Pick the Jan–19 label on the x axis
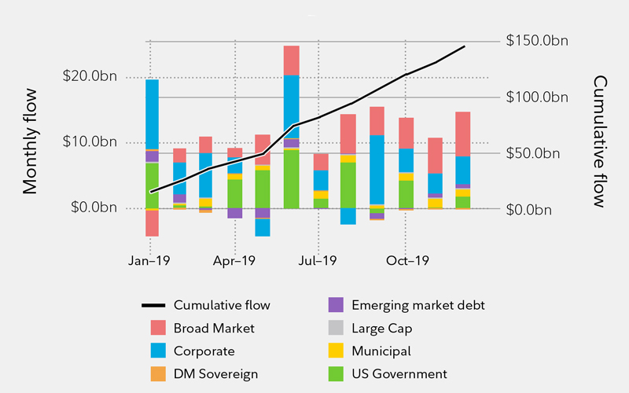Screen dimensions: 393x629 (149, 259)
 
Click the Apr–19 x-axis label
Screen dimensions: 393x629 (234, 259)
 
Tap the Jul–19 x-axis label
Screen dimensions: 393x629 (318, 259)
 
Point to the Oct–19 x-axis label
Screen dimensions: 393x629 (405, 259)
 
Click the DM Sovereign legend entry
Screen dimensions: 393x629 (215, 374)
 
